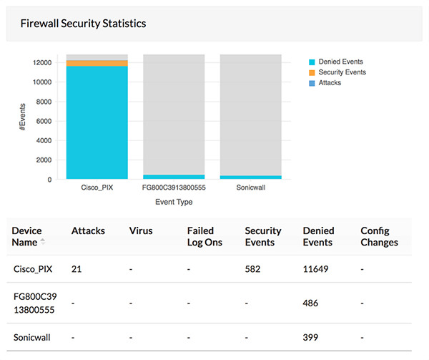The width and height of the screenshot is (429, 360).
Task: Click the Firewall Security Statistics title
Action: point(83,24)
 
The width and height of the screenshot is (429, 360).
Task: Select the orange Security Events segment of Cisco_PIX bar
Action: point(97,63)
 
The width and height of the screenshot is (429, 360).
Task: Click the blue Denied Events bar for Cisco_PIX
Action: point(97,122)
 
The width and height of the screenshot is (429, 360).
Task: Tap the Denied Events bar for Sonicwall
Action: point(250,177)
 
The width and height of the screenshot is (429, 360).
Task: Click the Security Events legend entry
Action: point(342,72)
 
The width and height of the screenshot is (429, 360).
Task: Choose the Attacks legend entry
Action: point(330,83)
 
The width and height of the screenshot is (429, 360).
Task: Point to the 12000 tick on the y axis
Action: point(41,62)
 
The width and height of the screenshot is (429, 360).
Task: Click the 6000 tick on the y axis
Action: point(44,121)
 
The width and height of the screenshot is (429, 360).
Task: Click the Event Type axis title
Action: point(174,202)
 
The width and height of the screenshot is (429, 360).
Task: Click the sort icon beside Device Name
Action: point(42,242)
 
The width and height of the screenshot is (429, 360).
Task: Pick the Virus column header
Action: point(141,231)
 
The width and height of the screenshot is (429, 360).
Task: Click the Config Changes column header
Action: point(379,236)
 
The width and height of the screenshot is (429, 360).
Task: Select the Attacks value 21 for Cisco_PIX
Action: point(77,269)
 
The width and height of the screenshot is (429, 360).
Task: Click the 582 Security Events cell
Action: point(253,269)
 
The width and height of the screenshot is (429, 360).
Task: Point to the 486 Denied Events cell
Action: point(311,303)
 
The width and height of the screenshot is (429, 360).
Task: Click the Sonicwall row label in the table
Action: point(32,336)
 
